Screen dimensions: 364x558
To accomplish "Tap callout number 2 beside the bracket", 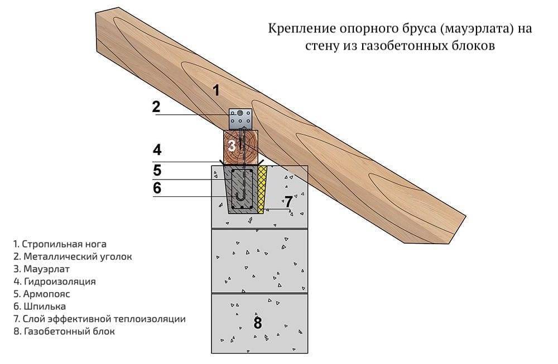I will (156, 106).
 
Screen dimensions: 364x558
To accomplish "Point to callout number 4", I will (157, 149).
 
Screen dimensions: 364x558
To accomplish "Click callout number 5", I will (157, 169).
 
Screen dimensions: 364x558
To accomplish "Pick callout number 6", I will (157, 188).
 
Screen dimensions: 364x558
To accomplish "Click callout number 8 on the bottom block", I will (257, 323).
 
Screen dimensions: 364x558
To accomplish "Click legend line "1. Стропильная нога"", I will (60, 244).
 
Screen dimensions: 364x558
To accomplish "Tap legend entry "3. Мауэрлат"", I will (44, 269).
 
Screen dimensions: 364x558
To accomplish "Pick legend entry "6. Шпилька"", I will (40, 307).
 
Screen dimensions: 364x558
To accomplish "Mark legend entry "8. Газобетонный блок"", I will (64, 332).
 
